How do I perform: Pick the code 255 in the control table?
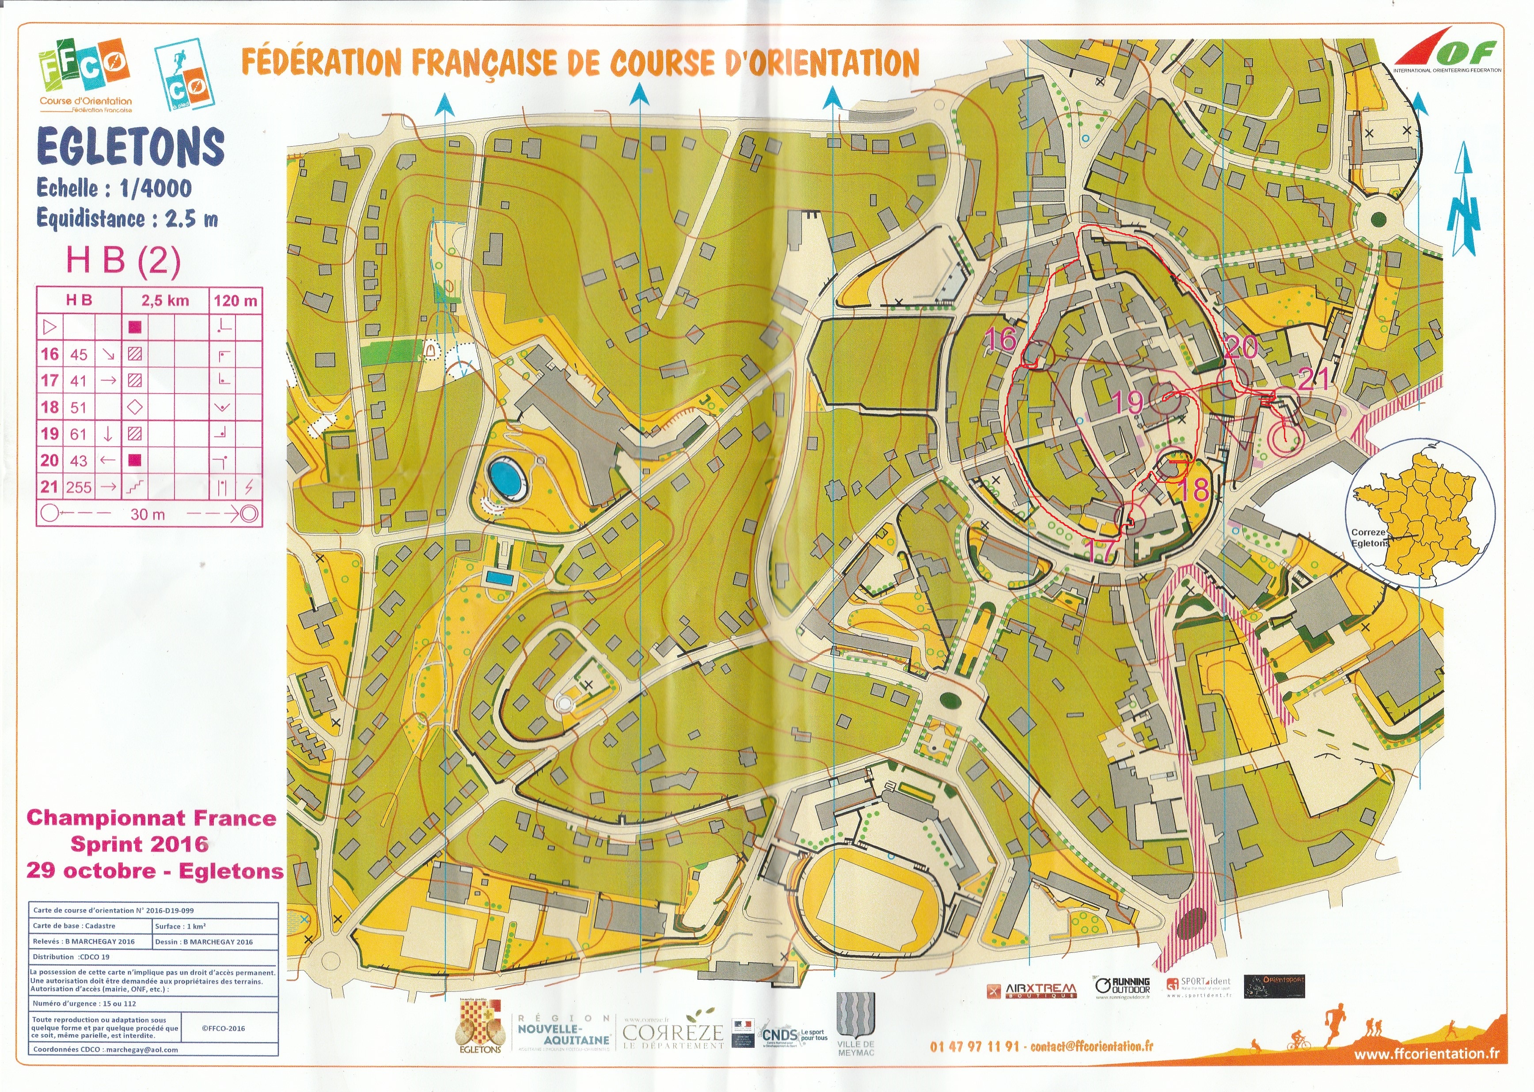click(x=79, y=487)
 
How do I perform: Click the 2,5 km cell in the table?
click(x=165, y=300)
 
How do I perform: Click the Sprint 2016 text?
click(x=139, y=843)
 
